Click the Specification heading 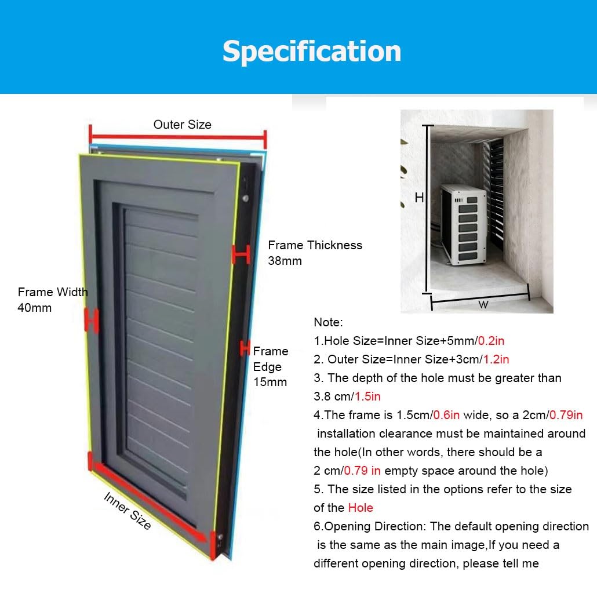[312, 52]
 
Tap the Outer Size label [183, 125]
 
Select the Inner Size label [128, 511]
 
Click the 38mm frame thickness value [285, 261]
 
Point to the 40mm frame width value [35, 308]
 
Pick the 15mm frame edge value [270, 382]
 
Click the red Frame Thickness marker [241, 254]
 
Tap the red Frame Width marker [92, 320]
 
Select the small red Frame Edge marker [245, 348]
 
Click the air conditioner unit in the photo [464, 224]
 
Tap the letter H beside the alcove [419, 198]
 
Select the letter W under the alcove [483, 305]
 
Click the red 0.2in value [491, 341]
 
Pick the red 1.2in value [496, 359]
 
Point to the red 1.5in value [368, 396]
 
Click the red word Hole [361, 508]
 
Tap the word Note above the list [328, 322]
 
